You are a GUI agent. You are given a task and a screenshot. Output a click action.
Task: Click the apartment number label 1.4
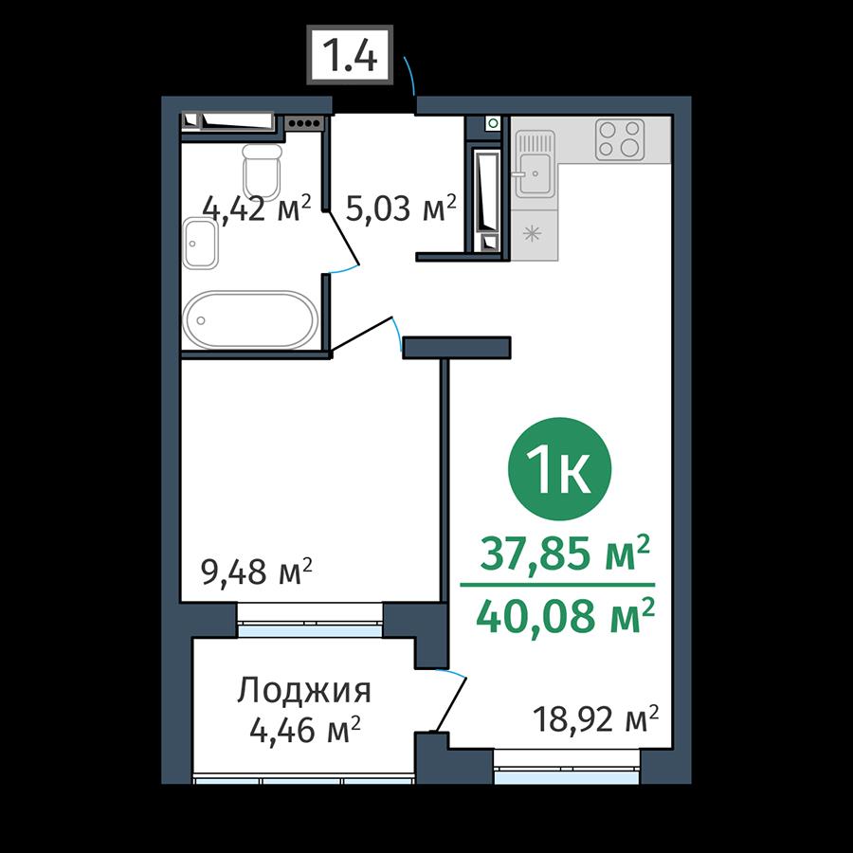(349, 54)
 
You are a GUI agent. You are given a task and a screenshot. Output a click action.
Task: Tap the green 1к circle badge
(559, 469)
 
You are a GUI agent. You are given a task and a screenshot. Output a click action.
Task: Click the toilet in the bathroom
(263, 172)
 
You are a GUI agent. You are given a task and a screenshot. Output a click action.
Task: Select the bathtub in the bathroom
(250, 320)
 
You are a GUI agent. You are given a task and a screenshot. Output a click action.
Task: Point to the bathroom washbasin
(200, 244)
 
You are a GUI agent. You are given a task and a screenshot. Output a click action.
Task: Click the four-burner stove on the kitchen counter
(620, 139)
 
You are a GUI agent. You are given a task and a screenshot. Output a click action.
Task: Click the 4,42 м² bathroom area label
(257, 208)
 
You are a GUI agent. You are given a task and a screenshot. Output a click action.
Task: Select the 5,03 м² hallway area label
(401, 208)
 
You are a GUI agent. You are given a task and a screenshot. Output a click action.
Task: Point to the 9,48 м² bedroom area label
(257, 572)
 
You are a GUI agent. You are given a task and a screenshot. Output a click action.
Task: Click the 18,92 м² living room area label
(596, 719)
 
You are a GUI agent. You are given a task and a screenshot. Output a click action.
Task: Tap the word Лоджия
(304, 692)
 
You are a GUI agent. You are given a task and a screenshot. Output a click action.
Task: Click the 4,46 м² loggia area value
(305, 729)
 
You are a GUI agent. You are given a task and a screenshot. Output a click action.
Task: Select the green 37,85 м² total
(565, 554)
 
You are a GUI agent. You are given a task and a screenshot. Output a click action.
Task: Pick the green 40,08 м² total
(565, 616)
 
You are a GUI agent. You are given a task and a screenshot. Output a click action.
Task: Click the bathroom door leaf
(343, 238)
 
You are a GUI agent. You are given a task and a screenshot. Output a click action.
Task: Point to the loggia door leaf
(450, 704)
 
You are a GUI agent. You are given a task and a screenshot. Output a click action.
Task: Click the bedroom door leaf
(361, 334)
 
